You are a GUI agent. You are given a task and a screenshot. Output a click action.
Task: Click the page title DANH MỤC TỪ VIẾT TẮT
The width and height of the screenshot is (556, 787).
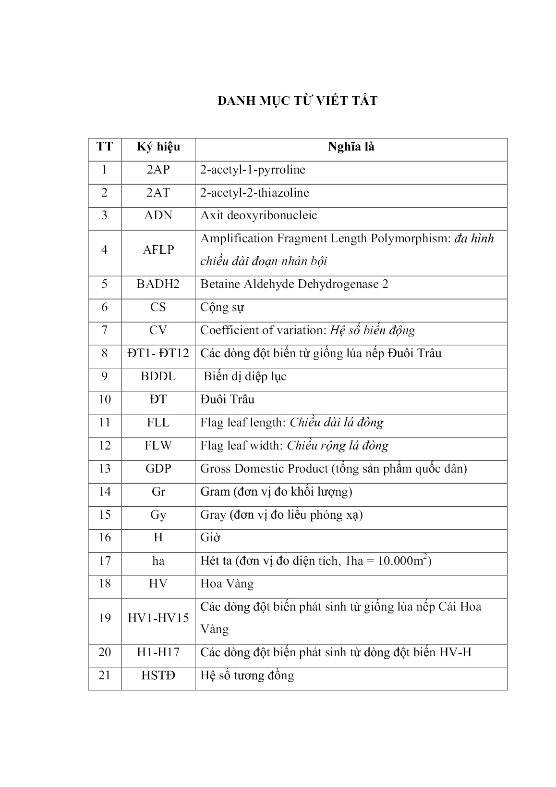tap(297, 101)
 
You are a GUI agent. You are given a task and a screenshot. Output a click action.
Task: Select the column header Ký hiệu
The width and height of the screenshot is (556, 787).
tap(158, 147)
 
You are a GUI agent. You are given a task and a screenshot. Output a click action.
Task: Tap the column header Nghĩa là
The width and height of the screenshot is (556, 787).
tap(351, 147)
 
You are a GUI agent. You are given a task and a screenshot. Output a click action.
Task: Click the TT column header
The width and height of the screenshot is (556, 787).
tap(105, 147)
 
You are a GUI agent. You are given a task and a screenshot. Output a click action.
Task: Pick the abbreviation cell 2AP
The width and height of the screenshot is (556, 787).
tap(158, 170)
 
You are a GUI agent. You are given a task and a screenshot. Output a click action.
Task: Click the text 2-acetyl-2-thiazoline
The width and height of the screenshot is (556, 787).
tap(254, 193)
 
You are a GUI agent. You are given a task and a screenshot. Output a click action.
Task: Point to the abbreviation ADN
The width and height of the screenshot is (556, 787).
tap(158, 215)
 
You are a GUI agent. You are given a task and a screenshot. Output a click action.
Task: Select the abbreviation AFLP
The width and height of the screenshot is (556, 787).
tap(158, 250)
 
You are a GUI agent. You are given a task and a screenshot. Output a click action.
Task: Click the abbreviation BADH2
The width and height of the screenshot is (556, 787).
tap(158, 284)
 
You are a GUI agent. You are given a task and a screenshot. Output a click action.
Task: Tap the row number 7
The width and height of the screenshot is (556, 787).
tap(105, 330)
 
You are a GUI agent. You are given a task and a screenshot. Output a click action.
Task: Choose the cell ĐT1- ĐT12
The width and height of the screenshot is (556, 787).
tap(158, 353)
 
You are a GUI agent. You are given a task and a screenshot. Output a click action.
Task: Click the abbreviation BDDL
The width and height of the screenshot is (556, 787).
tap(158, 376)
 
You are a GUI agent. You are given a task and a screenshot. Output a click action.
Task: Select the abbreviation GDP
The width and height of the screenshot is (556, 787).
tap(158, 468)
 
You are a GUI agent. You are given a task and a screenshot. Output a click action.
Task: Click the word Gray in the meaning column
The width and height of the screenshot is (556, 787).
tap(213, 515)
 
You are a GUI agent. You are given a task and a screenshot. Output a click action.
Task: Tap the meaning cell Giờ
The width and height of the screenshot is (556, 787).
tap(210, 537)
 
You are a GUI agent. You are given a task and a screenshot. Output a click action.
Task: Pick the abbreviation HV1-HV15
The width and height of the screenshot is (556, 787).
tap(158, 618)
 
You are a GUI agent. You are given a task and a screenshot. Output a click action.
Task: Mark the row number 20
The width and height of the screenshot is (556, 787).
tap(105, 652)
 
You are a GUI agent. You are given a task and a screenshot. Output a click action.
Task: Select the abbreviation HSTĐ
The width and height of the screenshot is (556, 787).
tap(158, 675)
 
